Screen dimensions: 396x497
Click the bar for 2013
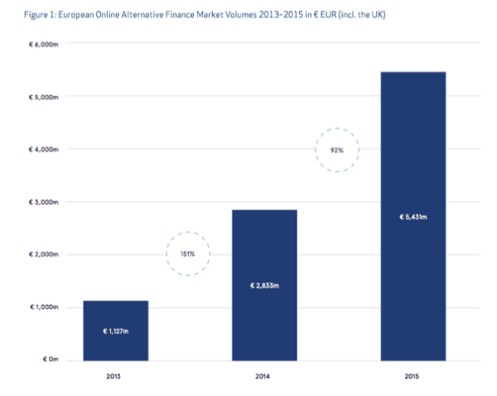(115, 331)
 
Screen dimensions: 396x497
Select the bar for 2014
(264, 285)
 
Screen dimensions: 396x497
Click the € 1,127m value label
(115, 331)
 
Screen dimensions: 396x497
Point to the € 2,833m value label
(264, 286)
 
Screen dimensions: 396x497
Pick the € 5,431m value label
(413, 217)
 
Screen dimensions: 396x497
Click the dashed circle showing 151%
(187, 253)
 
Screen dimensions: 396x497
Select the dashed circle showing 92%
(338, 150)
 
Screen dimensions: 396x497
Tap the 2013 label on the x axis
(115, 377)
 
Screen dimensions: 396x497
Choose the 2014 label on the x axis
(264, 377)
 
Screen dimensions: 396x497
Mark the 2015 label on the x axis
(413, 377)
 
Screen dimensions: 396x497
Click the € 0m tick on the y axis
(50, 360)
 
